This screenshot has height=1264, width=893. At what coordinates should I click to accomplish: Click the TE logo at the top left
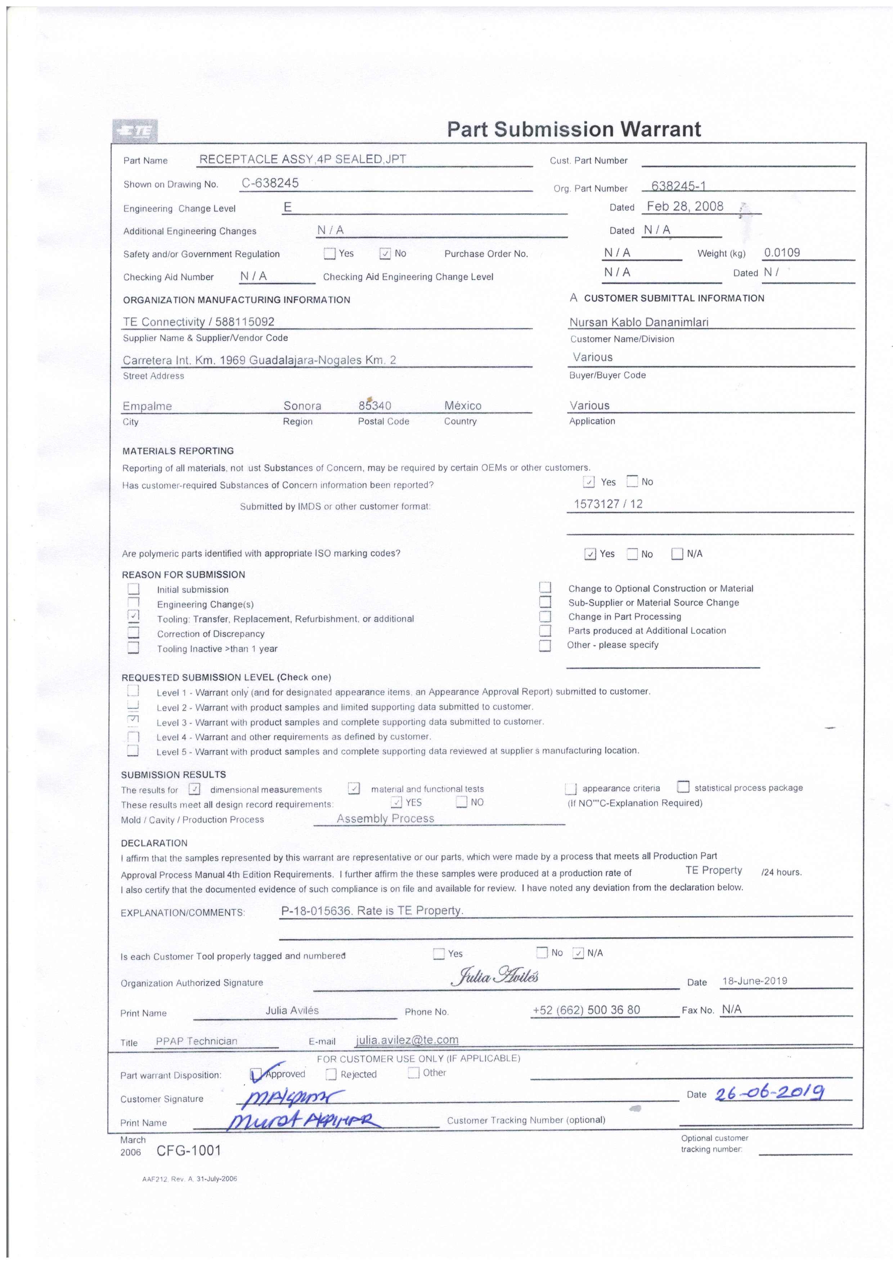point(135,131)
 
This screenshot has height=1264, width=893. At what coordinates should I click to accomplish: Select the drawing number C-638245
point(270,183)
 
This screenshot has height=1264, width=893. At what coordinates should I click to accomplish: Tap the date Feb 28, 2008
point(685,206)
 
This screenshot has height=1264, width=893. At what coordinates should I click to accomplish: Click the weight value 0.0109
point(781,253)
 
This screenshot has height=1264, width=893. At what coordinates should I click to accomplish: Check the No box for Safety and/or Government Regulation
point(385,254)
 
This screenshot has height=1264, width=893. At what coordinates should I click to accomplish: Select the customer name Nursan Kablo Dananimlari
point(639,322)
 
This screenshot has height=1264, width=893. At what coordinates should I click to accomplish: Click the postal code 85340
point(375,406)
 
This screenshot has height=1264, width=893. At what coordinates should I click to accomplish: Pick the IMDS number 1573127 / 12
point(608,504)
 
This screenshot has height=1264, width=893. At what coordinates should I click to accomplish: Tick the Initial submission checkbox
point(133,589)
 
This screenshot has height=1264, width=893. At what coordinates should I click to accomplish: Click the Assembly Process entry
point(385,819)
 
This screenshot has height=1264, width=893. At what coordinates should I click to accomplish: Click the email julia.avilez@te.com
point(407,1040)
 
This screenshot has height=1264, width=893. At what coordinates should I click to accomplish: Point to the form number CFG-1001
point(189,1150)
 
